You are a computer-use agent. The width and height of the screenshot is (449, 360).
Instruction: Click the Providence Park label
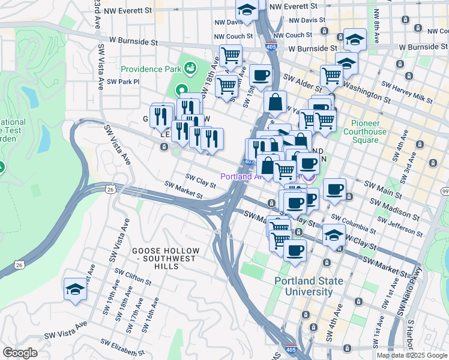coord(151,69)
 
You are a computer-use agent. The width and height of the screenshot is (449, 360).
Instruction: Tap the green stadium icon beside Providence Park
coord(190,68)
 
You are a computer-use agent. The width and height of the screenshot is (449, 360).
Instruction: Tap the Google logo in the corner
coord(20,353)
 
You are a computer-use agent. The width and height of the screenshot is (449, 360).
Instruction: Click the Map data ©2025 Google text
coord(412,355)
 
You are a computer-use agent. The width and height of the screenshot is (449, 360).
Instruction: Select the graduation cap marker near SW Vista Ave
coord(76,289)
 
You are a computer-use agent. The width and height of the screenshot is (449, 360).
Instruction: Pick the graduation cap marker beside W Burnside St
coord(355,40)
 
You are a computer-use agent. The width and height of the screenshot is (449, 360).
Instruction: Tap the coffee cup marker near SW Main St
coord(334,189)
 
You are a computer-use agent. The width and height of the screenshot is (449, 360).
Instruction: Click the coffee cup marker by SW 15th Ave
coord(261,76)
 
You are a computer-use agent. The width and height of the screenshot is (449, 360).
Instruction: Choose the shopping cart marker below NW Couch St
coord(231,56)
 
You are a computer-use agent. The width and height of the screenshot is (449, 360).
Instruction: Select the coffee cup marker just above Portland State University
coord(295,250)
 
